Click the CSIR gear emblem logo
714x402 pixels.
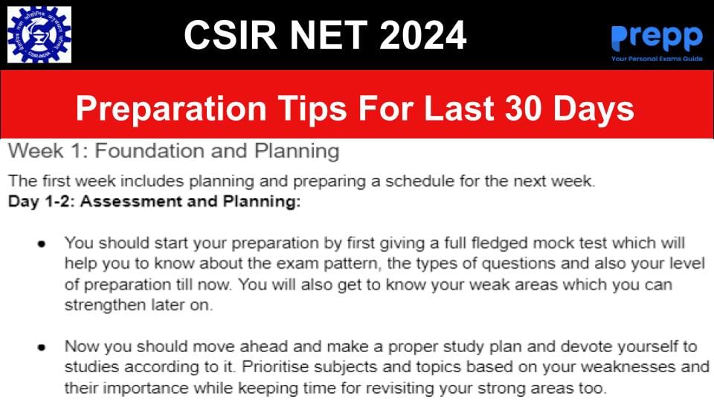click(39, 35)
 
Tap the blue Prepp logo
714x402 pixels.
click(657, 38)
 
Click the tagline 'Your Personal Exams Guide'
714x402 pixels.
click(657, 59)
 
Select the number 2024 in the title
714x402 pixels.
click(423, 35)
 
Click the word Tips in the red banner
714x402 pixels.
click(313, 109)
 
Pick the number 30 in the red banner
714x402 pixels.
click(523, 109)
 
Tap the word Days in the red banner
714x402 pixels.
click(594, 109)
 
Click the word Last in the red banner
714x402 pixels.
click(459, 109)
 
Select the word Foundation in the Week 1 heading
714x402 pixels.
click(149, 151)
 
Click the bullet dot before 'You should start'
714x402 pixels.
click(42, 244)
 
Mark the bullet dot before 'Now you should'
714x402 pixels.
click(42, 348)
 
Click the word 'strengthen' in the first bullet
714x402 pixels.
click(105, 305)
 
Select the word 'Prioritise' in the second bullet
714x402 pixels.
click(275, 366)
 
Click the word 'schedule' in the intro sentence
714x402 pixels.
click(419, 181)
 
